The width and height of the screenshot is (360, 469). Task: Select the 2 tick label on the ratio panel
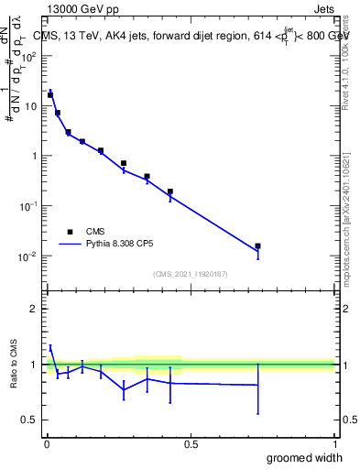35,309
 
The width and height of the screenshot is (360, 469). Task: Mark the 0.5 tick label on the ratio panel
31,420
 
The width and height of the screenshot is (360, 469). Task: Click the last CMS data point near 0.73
257,245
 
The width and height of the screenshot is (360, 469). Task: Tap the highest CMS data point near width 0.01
50,94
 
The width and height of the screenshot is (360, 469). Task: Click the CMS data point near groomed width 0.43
170,191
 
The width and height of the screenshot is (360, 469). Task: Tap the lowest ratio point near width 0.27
124,389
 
